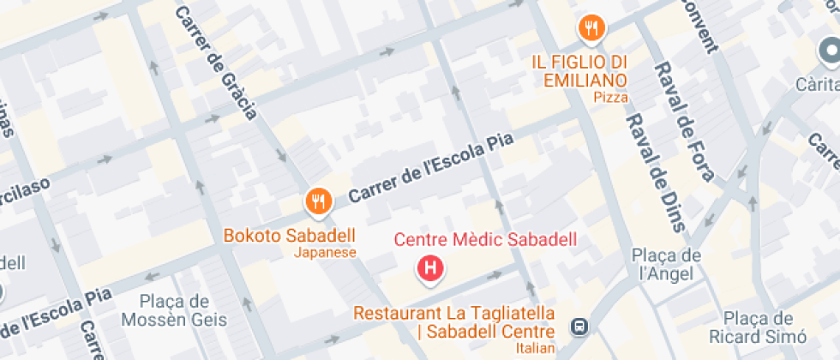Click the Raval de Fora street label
(685, 120)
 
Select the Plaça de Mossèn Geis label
(174, 310)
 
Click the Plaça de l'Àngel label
(667, 265)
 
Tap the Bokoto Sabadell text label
(289, 235)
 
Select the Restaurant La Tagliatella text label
(454, 314)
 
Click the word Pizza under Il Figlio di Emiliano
(610, 98)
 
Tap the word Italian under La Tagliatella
(537, 348)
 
